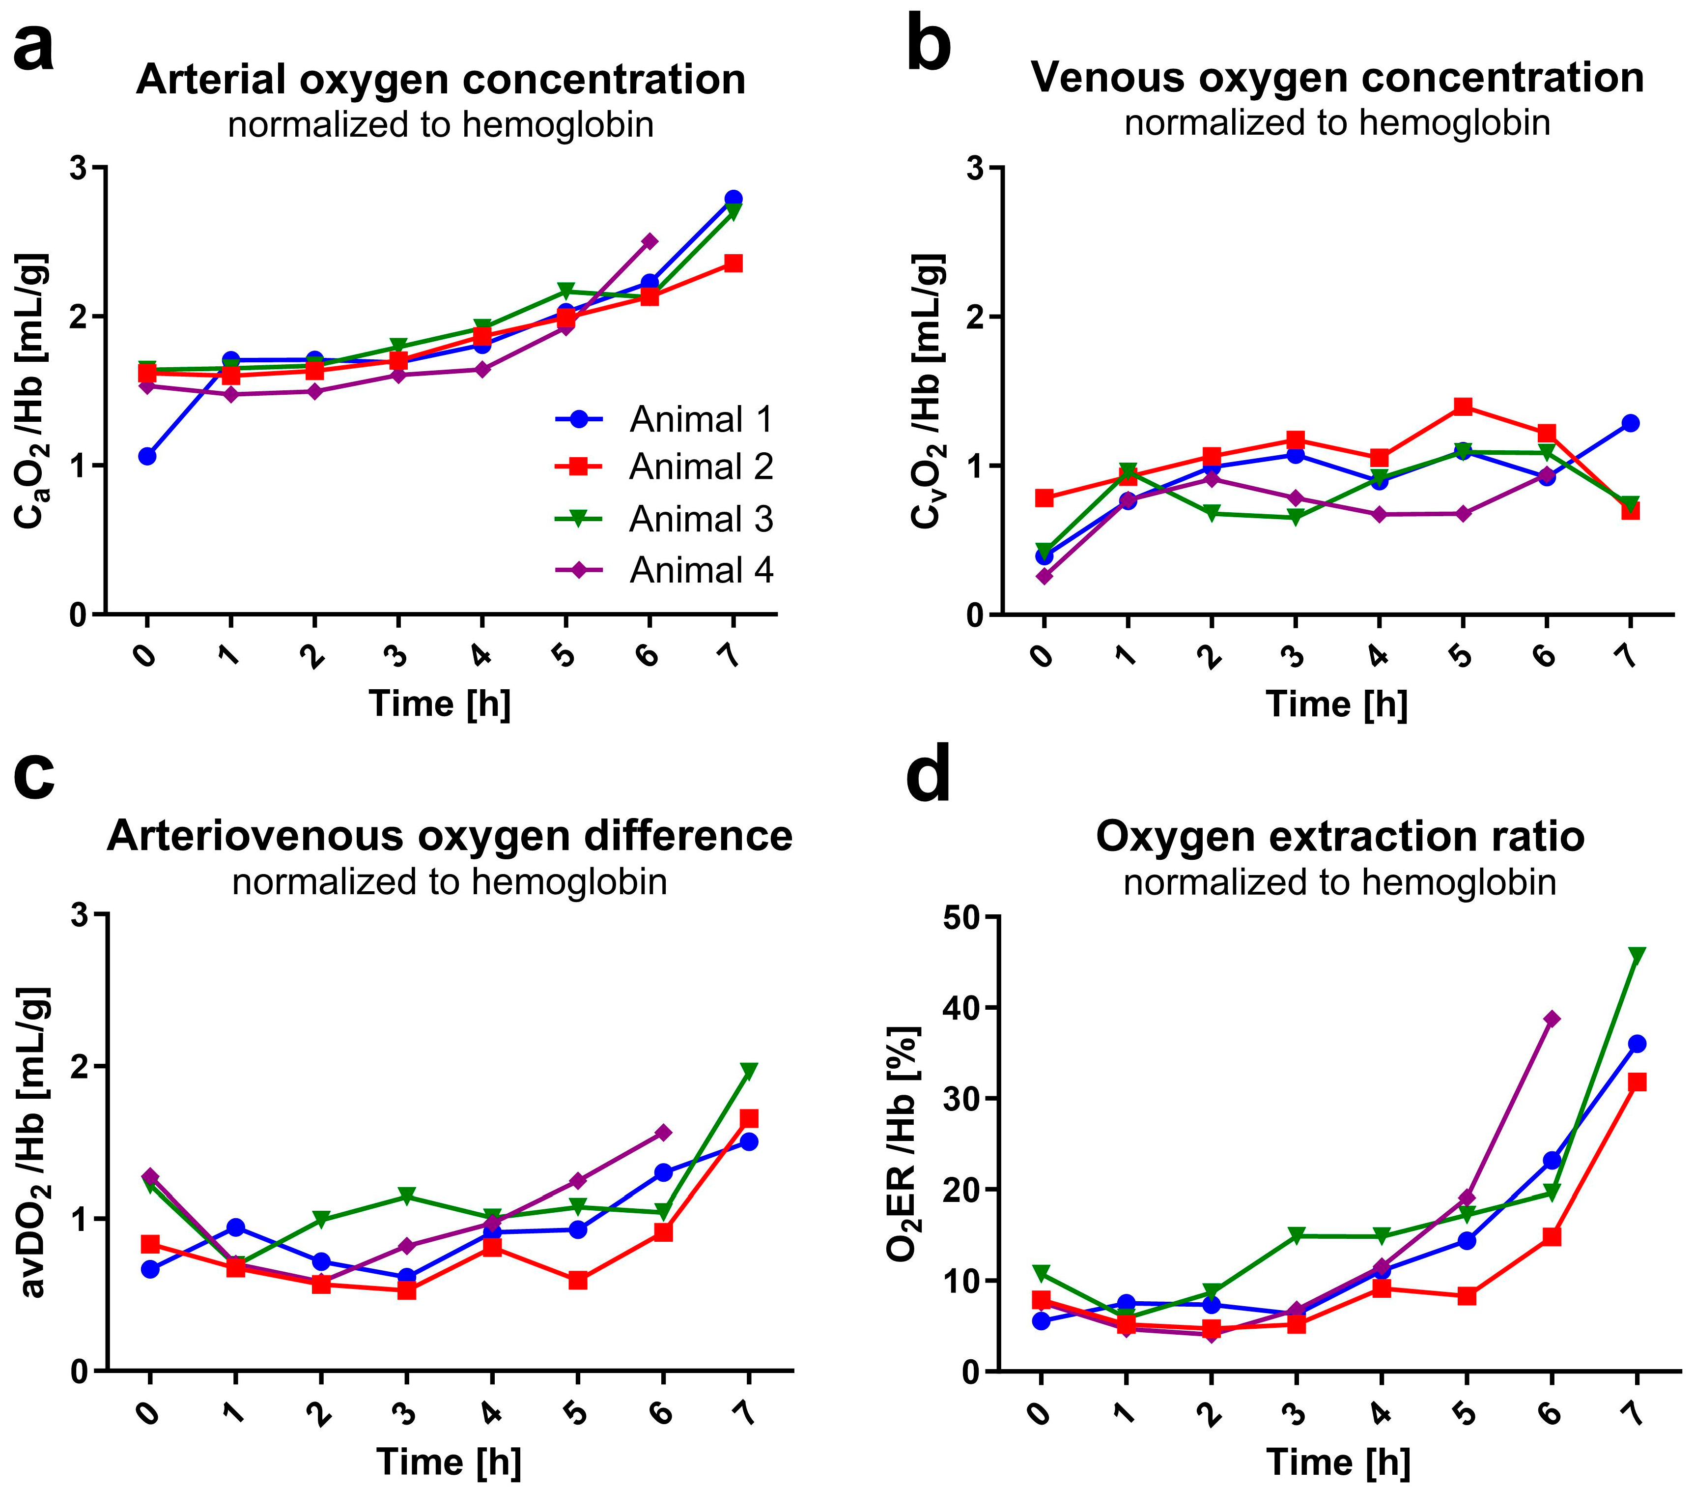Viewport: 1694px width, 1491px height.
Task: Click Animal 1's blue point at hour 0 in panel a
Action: [x=147, y=456]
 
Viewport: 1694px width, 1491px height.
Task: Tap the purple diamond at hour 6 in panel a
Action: [x=650, y=241]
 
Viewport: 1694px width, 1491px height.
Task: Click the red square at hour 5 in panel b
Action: [x=1464, y=407]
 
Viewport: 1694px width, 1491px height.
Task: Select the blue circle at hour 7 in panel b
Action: [x=1630, y=423]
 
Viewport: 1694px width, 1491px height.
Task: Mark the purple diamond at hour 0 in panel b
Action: [x=1044, y=576]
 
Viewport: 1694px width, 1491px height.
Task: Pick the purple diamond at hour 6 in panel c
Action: [x=663, y=1133]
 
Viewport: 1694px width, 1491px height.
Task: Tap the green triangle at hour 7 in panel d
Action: [x=1637, y=955]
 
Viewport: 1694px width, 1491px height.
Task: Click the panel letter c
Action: [x=35, y=777]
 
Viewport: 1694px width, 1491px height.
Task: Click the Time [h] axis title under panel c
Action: [x=449, y=1462]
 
